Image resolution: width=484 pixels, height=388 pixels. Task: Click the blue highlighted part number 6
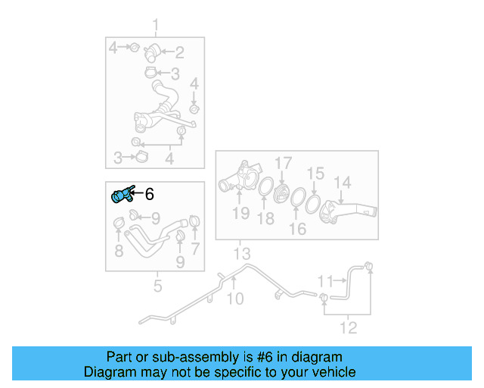tap(122, 196)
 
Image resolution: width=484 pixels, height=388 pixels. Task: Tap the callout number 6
tap(149, 194)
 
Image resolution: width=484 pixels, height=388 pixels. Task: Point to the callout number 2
tap(180, 52)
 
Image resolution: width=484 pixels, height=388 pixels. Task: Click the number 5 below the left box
tap(157, 286)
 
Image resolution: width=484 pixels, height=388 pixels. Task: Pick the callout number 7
tap(195, 248)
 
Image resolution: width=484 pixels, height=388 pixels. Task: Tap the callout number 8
tap(119, 251)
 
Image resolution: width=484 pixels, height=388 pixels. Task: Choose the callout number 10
tap(235, 298)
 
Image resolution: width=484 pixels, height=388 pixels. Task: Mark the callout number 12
tap(349, 328)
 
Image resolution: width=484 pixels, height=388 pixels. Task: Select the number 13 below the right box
tap(240, 252)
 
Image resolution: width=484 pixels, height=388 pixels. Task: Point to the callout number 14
tap(343, 183)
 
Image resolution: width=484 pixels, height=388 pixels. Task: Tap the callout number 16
tap(298, 228)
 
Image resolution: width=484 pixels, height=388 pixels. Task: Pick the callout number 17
tap(282, 163)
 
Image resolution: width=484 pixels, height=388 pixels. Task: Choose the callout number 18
tap(265, 219)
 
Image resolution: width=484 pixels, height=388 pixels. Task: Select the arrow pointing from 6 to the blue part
tap(137, 194)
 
